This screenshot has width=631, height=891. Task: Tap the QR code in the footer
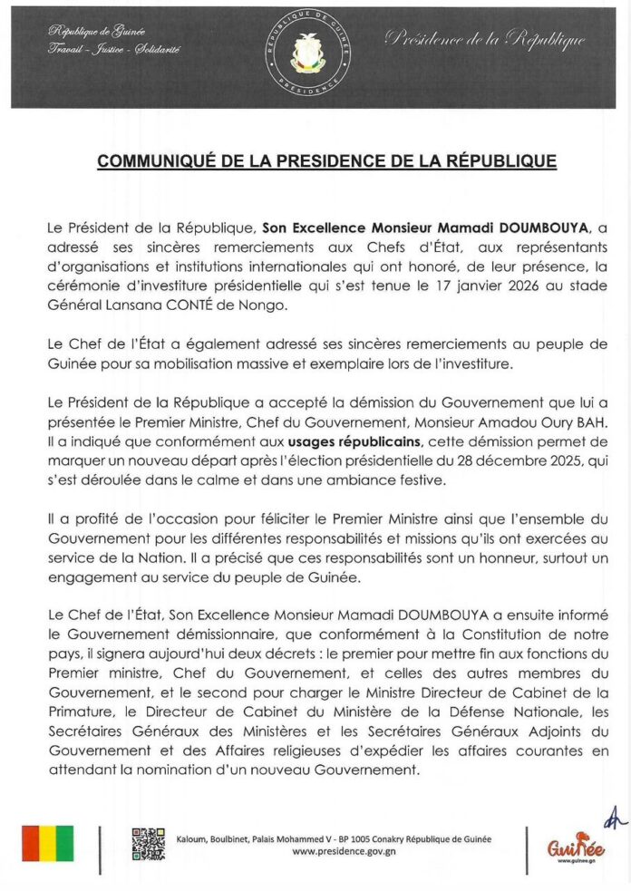tap(149, 844)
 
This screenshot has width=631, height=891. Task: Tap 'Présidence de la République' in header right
tap(485, 39)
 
